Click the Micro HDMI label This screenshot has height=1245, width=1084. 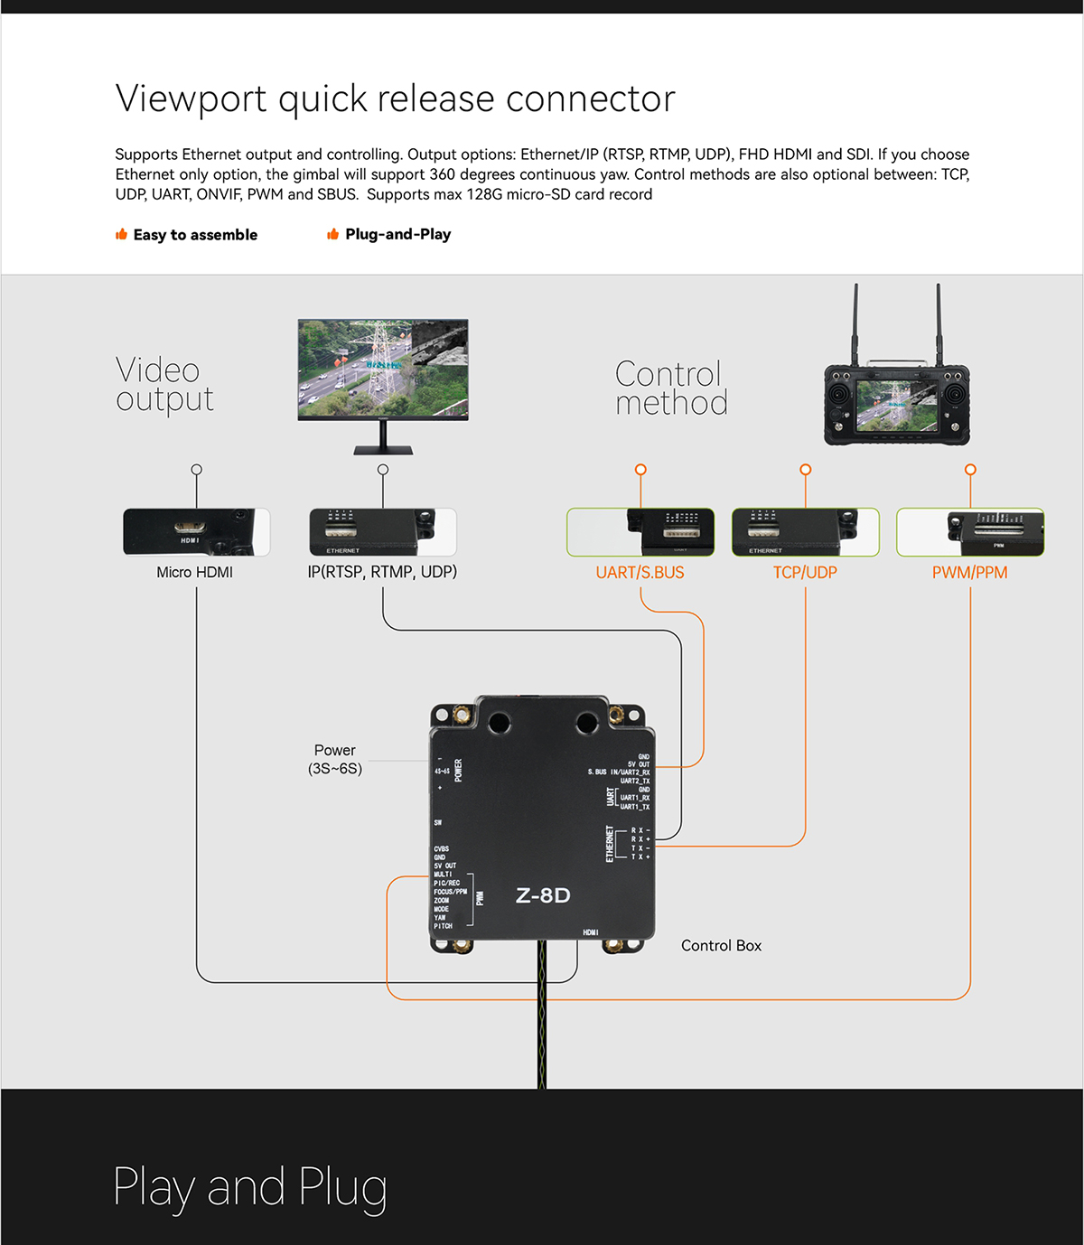(194, 572)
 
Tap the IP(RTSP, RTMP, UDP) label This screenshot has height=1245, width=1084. (382, 572)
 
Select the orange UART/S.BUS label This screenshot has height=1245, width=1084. (640, 572)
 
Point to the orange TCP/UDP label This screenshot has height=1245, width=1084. (805, 572)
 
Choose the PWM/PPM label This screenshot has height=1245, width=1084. (969, 572)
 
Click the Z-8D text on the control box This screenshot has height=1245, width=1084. (543, 895)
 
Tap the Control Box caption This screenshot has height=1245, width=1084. (721, 945)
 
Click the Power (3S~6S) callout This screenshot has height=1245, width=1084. (334, 759)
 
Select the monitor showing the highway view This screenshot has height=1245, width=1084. (383, 370)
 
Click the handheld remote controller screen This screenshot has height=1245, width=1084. (895, 403)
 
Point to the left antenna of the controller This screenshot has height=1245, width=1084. (855, 321)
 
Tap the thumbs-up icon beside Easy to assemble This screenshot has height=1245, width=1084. (121, 234)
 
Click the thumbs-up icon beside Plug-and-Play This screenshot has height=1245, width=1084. (332, 234)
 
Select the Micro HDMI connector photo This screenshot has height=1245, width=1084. (196, 531)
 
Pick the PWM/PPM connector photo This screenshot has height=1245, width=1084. (970, 531)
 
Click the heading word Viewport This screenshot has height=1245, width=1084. (191, 98)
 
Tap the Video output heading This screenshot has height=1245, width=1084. (164, 384)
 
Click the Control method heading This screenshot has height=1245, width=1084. (671, 388)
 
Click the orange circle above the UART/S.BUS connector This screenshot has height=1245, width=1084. (640, 470)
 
